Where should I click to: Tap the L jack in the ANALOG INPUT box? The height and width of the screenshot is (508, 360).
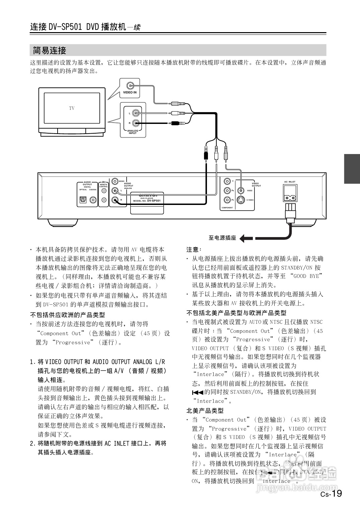(x=136, y=113)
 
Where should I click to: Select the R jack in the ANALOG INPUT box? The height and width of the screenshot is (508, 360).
(x=136, y=123)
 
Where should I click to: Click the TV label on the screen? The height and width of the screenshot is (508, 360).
(x=72, y=108)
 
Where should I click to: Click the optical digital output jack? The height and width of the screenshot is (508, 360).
(x=83, y=200)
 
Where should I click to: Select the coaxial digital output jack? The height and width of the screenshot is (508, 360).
(x=93, y=200)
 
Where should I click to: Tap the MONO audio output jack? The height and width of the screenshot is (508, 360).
(x=115, y=181)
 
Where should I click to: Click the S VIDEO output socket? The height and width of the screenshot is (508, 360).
(x=240, y=200)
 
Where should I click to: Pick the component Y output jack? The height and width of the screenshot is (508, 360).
(x=227, y=182)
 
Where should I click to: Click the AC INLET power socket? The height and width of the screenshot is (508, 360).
(x=290, y=194)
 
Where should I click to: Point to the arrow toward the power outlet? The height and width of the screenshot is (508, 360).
(x=246, y=238)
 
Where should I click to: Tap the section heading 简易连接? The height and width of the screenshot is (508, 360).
(x=50, y=51)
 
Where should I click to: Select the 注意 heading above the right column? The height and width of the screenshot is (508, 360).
(x=194, y=249)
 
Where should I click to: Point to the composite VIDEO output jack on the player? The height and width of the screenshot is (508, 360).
(x=240, y=191)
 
